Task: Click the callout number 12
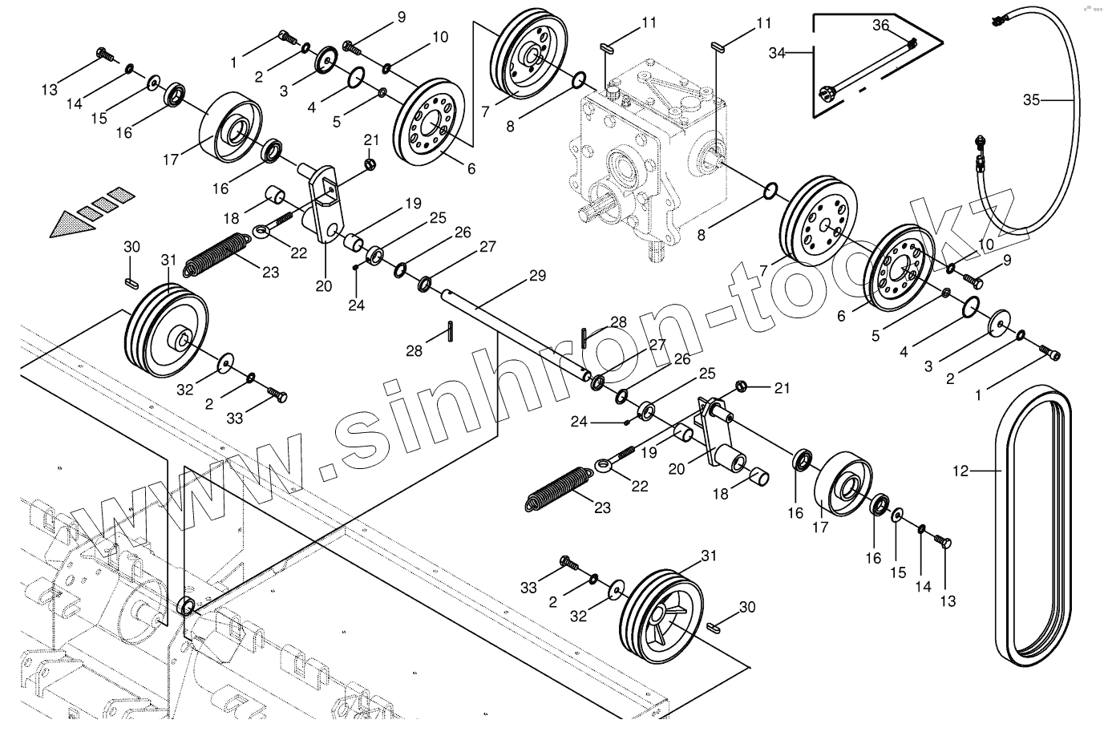pyautogui.click(x=960, y=471)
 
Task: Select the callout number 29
pyautogui.click(x=536, y=277)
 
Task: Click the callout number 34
pyautogui.click(x=776, y=53)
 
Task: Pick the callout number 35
pyautogui.click(x=1031, y=100)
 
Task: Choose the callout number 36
pyautogui.click(x=880, y=26)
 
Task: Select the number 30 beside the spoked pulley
pyautogui.click(x=746, y=608)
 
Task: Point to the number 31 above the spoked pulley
pyautogui.click(x=709, y=556)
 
